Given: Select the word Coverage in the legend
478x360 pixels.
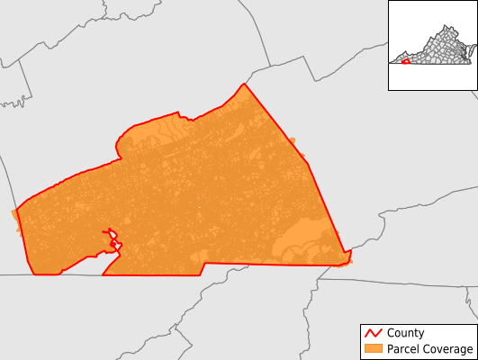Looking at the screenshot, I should pos(450,348).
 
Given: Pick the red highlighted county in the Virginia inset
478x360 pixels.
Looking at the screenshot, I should pos(405,62).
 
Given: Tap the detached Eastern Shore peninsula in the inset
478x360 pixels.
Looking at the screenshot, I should pos(472,49).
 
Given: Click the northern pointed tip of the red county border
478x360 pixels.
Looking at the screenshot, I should pos(244,85).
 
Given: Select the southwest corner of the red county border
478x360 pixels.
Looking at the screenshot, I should pos(34,274).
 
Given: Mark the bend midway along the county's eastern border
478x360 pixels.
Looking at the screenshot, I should pos(308,163).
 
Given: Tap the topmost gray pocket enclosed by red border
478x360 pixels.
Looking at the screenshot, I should pos(109,230).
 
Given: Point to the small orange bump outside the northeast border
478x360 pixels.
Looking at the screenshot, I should pos(292,139).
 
